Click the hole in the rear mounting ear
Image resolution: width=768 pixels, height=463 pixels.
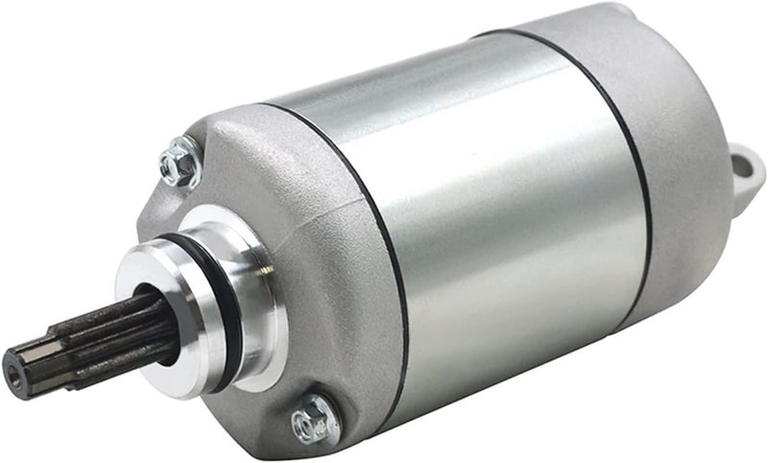(746, 164)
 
